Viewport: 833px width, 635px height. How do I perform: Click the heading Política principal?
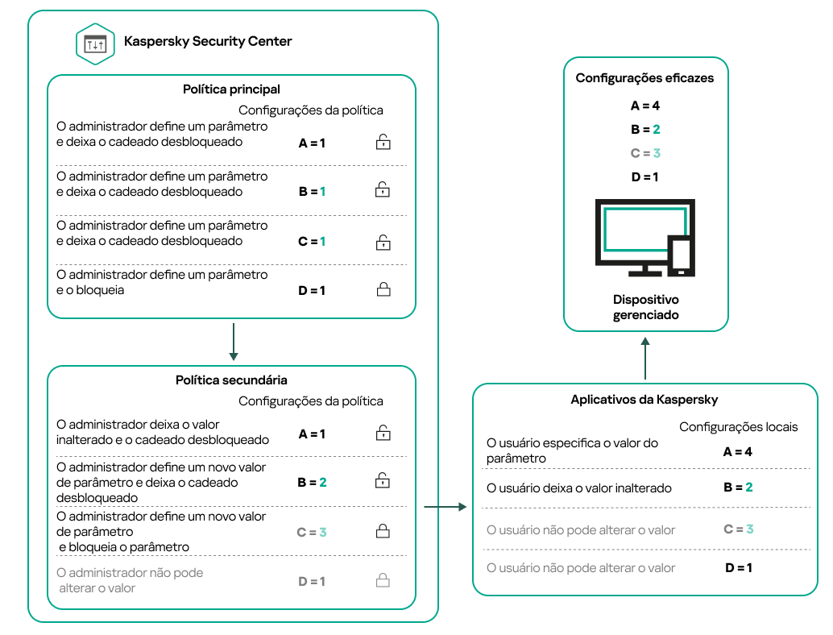(231, 89)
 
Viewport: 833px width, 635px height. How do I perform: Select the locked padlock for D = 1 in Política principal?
(383, 289)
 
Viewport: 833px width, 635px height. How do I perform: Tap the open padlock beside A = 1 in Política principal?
(383, 143)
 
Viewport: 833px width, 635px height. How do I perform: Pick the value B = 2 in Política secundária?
(312, 482)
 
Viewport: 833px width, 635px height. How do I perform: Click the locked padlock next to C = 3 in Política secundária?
(383, 531)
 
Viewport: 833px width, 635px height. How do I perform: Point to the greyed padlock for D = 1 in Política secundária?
(383, 580)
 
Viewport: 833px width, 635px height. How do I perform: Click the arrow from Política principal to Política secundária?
(233, 342)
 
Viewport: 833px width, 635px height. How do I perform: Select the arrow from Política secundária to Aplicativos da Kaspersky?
(445, 507)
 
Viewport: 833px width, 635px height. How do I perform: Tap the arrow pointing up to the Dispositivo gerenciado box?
(645, 357)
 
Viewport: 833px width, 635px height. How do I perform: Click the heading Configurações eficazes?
(644, 78)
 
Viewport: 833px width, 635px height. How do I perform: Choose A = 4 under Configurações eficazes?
(644, 106)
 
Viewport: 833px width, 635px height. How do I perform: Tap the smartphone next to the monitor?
(682, 256)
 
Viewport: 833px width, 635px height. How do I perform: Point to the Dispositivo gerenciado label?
(645, 307)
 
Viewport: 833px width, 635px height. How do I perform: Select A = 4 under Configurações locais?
(737, 451)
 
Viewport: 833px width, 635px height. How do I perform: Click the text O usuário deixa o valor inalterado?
(579, 488)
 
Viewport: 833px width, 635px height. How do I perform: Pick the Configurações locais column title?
(738, 426)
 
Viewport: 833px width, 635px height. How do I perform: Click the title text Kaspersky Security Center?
(208, 41)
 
